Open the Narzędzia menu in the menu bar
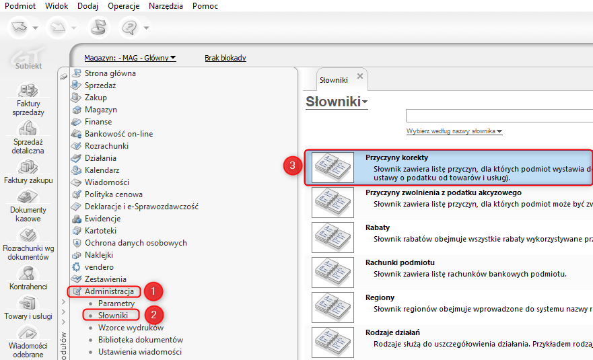click(166, 6)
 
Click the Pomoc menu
click(205, 6)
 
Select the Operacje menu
click(123, 6)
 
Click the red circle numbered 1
click(153, 291)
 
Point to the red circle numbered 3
click(292, 166)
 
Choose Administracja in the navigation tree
click(109, 291)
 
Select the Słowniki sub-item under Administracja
click(113, 316)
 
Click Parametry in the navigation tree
click(116, 303)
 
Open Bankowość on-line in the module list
click(118, 134)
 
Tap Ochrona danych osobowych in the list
click(136, 243)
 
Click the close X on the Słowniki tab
click(360, 76)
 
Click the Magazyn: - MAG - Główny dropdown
click(130, 58)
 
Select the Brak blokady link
click(225, 58)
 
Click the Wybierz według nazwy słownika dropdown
click(454, 131)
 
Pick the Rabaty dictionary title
click(378, 227)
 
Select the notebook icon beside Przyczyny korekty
click(333, 168)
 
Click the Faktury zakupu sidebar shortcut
click(28, 172)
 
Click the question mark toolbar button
click(130, 27)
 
